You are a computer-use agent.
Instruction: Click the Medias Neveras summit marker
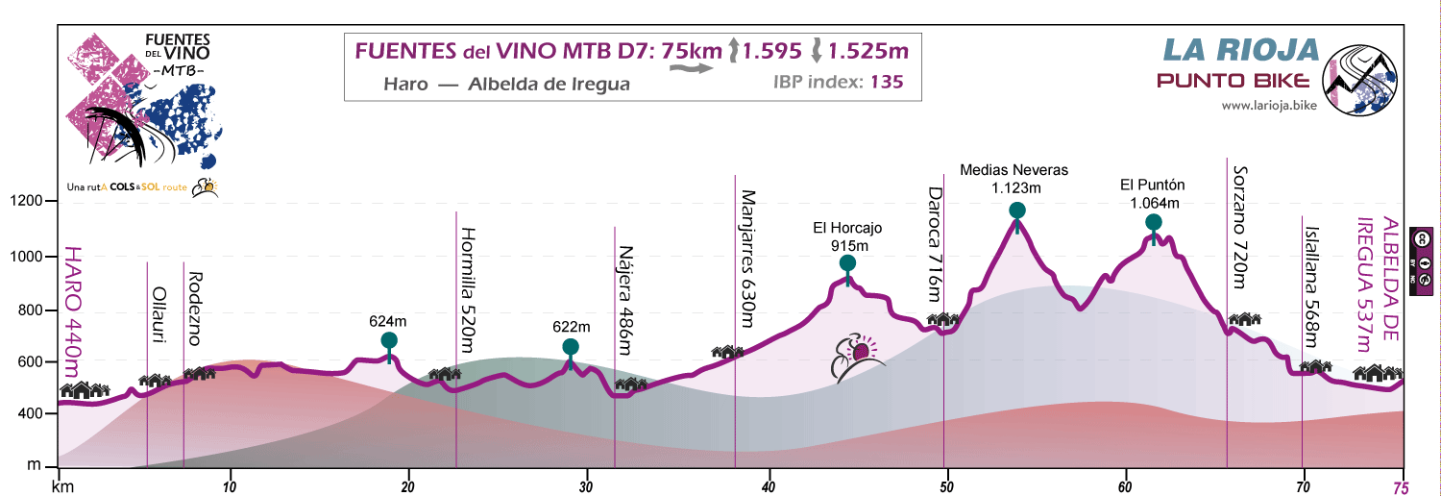pyautogui.click(x=1017, y=211)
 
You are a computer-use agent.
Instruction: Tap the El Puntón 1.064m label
pyautogui.click(x=1154, y=193)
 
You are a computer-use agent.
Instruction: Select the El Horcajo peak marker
pyautogui.click(x=847, y=263)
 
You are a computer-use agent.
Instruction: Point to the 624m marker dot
pyautogui.click(x=389, y=340)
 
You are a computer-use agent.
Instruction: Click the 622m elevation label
pyautogui.click(x=571, y=326)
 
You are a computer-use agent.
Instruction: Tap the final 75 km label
pyautogui.click(x=1404, y=486)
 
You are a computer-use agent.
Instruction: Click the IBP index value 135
pyautogui.click(x=886, y=83)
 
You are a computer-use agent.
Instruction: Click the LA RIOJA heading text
pyautogui.click(x=1238, y=49)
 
